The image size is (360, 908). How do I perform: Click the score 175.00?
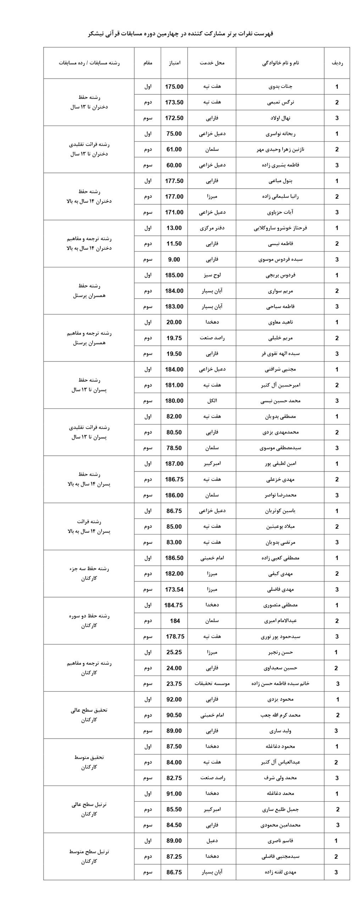coord(174,87)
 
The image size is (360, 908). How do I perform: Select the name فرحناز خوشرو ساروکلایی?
coord(280,228)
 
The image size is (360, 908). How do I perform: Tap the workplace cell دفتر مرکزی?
coord(212,228)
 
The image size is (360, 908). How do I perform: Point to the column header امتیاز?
coord(174,63)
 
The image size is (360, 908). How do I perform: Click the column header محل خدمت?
coord(212,63)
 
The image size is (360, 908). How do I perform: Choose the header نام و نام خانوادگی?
coord(280,63)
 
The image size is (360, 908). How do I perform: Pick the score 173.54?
coord(174,589)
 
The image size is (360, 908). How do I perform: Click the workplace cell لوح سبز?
coord(212,275)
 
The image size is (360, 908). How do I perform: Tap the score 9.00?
coord(174,260)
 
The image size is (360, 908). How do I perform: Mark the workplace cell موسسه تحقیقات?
coord(212,683)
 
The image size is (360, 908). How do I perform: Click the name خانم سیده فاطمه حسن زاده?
coord(280,683)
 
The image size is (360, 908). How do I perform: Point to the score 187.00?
coord(174,464)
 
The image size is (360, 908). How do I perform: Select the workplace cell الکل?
coord(212,401)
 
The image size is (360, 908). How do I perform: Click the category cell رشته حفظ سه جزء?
coord(89,569)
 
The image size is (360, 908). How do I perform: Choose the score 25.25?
coord(174,652)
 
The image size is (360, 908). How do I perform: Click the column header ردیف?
coord(337,63)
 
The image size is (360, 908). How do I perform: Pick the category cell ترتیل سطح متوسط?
coord(89,852)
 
